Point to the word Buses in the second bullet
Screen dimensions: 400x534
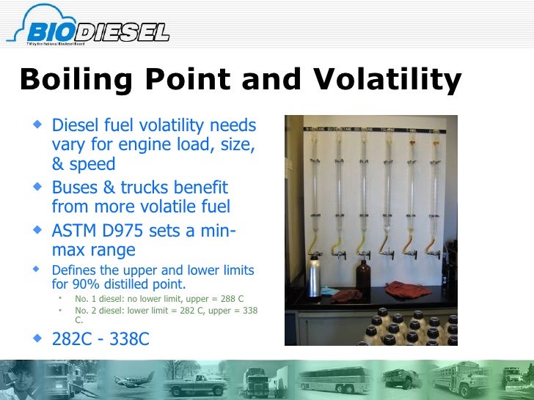[74, 188]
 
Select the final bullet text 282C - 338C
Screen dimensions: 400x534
[100, 340]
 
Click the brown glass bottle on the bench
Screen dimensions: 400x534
[364, 279]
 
